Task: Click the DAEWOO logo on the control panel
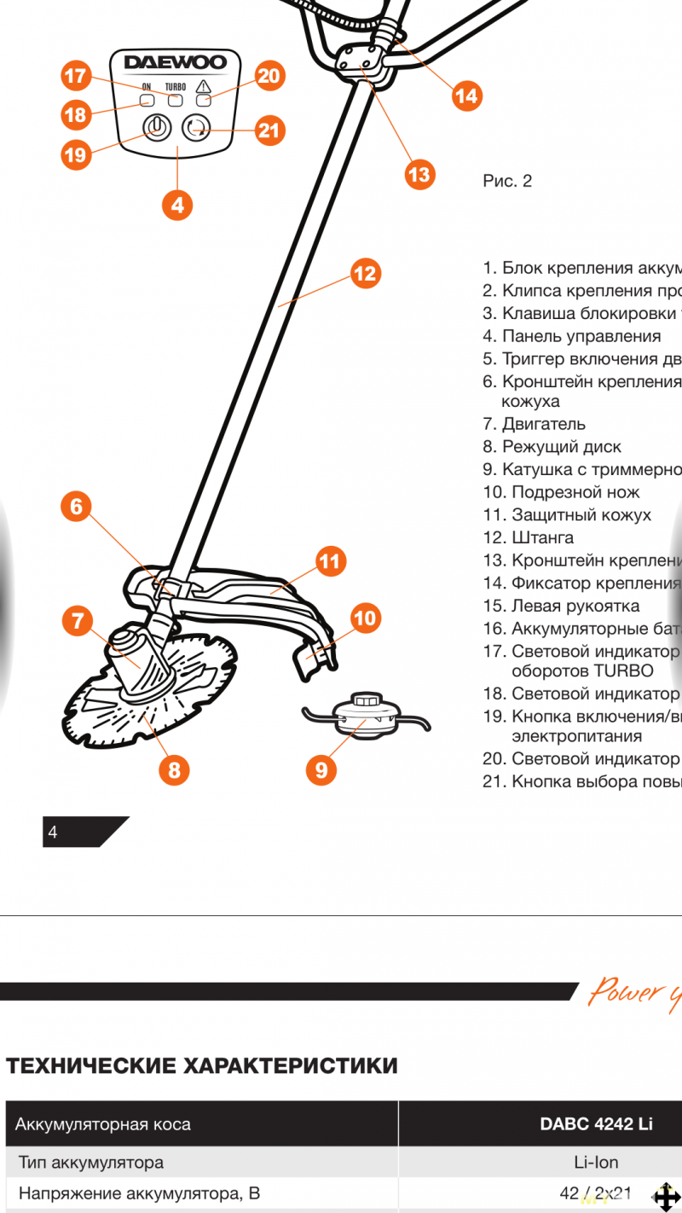(x=176, y=62)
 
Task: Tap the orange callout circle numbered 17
(x=76, y=76)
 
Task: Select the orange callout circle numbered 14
(x=466, y=96)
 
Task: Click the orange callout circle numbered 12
(x=365, y=273)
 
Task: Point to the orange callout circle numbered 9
(x=321, y=770)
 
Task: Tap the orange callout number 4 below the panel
(x=177, y=205)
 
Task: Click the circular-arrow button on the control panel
(x=195, y=129)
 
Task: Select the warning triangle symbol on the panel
(x=203, y=86)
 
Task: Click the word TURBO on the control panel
(x=176, y=87)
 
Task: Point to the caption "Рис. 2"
(x=507, y=181)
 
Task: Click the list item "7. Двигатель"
(x=534, y=424)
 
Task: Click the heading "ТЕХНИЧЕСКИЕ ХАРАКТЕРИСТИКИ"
(x=202, y=1065)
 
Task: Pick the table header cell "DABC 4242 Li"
(x=596, y=1123)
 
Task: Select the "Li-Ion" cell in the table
(x=596, y=1162)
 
